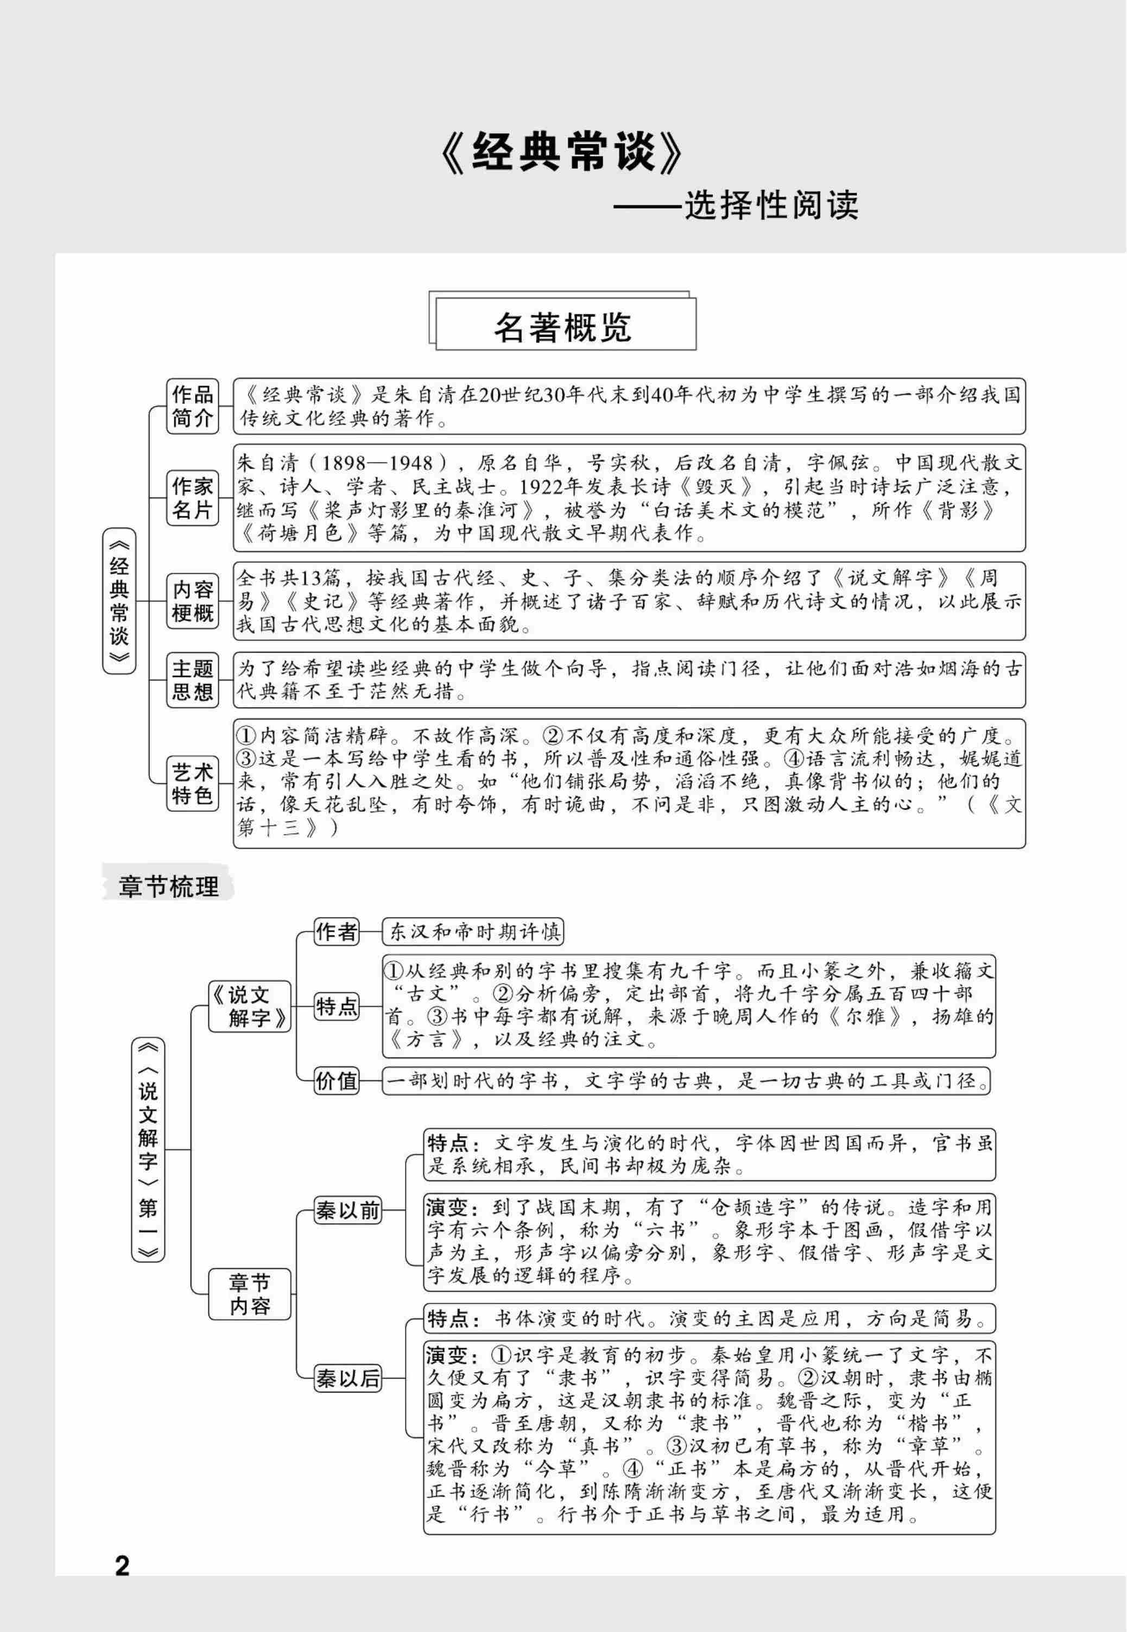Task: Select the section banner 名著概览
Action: point(563,327)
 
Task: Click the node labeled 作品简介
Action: point(192,406)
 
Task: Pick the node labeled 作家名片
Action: point(192,498)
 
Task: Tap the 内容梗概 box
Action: point(192,601)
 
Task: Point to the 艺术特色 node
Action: point(192,784)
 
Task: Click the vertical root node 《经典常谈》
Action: point(119,601)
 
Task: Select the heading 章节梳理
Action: point(168,887)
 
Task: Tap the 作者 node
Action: point(336,932)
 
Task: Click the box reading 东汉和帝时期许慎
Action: point(473,932)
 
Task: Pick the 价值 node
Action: point(336,1081)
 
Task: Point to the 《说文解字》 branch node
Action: point(249,1007)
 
